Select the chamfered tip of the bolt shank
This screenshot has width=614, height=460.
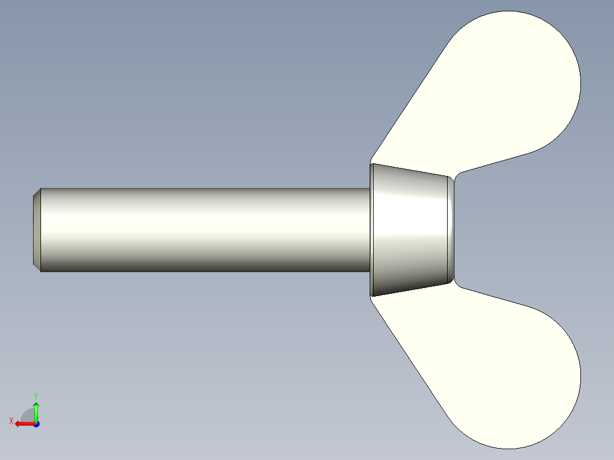pos(36,229)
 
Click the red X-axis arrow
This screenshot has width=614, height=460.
pos(23,424)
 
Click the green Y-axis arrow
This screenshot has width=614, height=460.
pos(36,411)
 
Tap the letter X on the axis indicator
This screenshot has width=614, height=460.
pos(11,421)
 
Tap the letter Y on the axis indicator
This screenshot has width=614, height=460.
pos(35,395)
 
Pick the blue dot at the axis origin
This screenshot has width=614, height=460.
pos(36,424)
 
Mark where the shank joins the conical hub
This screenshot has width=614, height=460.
pos(370,229)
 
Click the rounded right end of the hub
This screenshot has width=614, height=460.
pos(452,229)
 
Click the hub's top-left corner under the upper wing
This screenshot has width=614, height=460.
pos(372,165)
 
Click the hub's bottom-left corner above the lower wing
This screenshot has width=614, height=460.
pos(372,295)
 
